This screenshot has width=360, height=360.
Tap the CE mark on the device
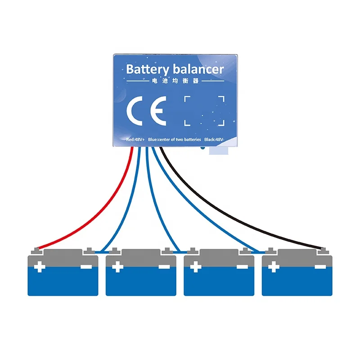146,110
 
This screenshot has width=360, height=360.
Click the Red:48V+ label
135,139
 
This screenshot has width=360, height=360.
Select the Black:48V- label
214,139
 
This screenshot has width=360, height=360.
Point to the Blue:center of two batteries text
174,139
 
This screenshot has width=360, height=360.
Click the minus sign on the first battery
86,267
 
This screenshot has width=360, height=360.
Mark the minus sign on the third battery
242,267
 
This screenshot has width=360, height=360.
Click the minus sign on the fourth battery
320,267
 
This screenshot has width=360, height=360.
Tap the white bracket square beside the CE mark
204,110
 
